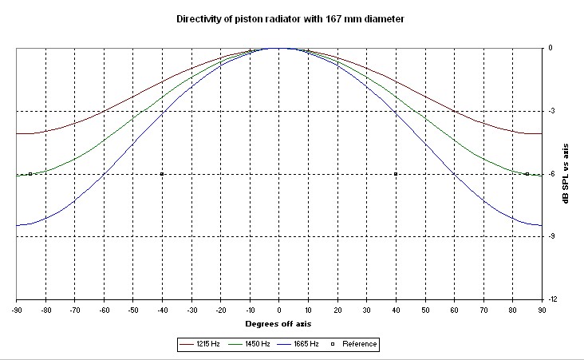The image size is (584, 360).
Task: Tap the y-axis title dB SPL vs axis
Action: pyautogui.click(x=566, y=173)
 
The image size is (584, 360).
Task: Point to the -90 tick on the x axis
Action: pyautogui.click(x=16, y=308)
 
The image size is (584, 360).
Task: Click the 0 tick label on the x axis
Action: pyautogui.click(x=278, y=308)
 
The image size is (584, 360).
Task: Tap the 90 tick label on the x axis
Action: pyautogui.click(x=543, y=308)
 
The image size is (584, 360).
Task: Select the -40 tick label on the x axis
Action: pyautogui.click(x=162, y=308)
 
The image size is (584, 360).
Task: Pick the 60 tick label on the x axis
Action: pyautogui.click(x=455, y=308)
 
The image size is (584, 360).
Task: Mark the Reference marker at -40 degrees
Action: pyautogui.click(x=162, y=174)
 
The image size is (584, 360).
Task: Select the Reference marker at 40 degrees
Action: pyautogui.click(x=396, y=174)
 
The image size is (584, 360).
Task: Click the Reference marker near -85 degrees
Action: pyautogui.click(x=30, y=174)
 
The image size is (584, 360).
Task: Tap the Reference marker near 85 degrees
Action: pyautogui.click(x=527, y=174)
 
